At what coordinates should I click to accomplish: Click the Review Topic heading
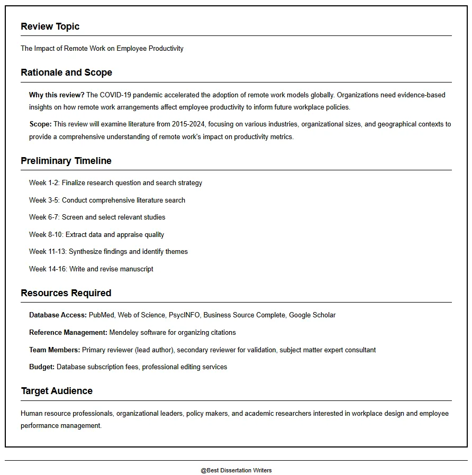(50, 26)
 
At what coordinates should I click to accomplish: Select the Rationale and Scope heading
(66, 72)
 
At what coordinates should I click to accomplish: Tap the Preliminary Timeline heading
(66, 161)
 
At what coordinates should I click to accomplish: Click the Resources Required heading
(66, 293)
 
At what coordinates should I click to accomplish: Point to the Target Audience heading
(57, 391)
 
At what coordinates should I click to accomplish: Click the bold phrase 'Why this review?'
(57, 95)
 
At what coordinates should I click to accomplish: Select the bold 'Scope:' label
(40, 124)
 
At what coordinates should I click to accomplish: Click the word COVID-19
(115, 95)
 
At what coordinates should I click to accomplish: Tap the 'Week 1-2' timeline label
(44, 183)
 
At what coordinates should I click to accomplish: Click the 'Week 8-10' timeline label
(46, 235)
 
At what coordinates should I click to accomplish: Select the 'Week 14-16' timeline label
(48, 269)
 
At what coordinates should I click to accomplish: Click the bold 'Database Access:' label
(58, 315)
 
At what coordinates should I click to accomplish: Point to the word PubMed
(102, 315)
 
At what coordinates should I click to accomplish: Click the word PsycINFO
(184, 315)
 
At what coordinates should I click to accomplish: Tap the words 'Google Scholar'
(312, 315)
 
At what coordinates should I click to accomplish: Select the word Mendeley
(124, 333)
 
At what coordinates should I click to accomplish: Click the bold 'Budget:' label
(42, 367)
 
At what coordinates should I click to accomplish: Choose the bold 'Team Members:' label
(55, 350)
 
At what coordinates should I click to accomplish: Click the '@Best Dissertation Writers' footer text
(236, 470)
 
